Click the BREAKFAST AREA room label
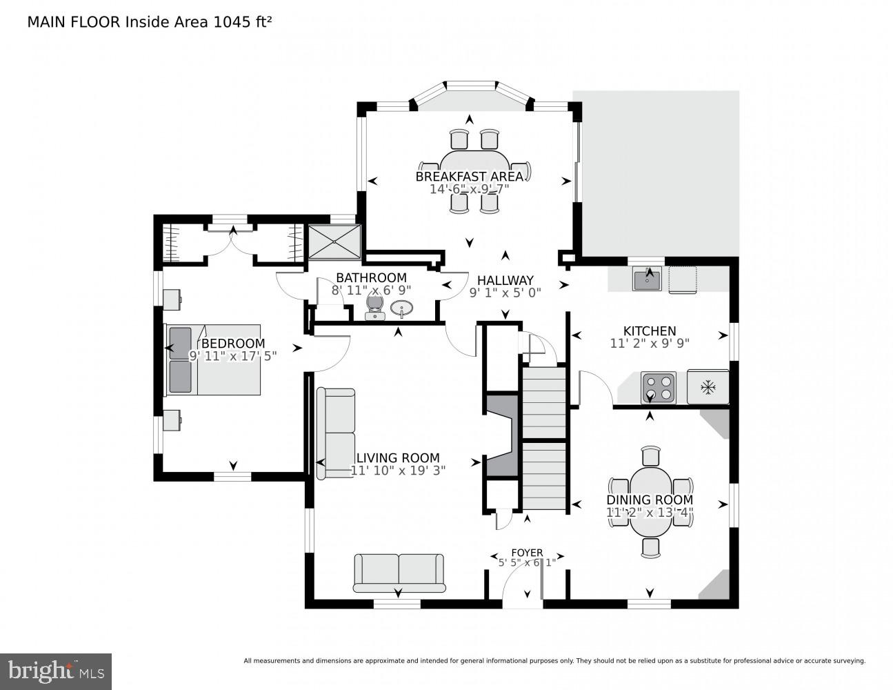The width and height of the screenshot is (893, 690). tap(469, 176)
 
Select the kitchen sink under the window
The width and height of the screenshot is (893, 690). tap(648, 279)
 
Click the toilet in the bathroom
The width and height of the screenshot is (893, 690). tap(374, 306)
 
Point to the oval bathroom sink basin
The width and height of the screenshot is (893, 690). tap(402, 308)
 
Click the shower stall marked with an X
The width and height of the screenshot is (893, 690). tap(335, 242)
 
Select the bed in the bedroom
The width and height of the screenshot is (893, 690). tap(212, 359)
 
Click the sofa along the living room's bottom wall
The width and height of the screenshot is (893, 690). tap(399, 573)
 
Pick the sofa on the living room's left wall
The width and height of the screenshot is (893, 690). tap(336, 433)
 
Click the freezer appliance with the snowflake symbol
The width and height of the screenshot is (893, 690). tap(708, 388)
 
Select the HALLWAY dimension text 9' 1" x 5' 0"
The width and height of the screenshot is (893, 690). tap(505, 292)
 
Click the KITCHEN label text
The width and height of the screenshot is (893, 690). tap(650, 331)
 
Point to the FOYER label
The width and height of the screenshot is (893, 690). tap(527, 553)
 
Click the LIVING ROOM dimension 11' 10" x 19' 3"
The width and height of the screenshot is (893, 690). tap(398, 471)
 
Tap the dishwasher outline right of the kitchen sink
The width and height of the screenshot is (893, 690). tap(683, 279)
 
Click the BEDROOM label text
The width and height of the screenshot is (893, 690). tap(232, 343)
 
